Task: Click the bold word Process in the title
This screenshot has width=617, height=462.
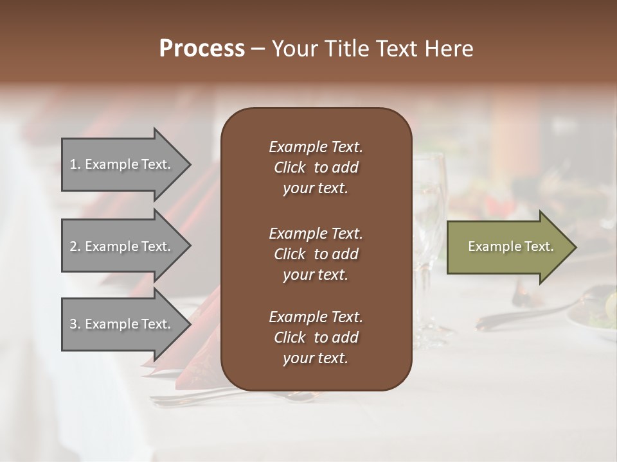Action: tap(202, 49)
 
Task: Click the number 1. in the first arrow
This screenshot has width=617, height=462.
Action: tap(75, 164)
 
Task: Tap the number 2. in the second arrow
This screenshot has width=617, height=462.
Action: tap(75, 246)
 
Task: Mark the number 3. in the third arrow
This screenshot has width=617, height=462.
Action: tap(75, 324)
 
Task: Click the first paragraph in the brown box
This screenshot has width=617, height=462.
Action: tap(316, 167)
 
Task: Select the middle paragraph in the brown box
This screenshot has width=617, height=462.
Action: tap(316, 254)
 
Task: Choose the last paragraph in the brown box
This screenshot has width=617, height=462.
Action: tap(316, 338)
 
